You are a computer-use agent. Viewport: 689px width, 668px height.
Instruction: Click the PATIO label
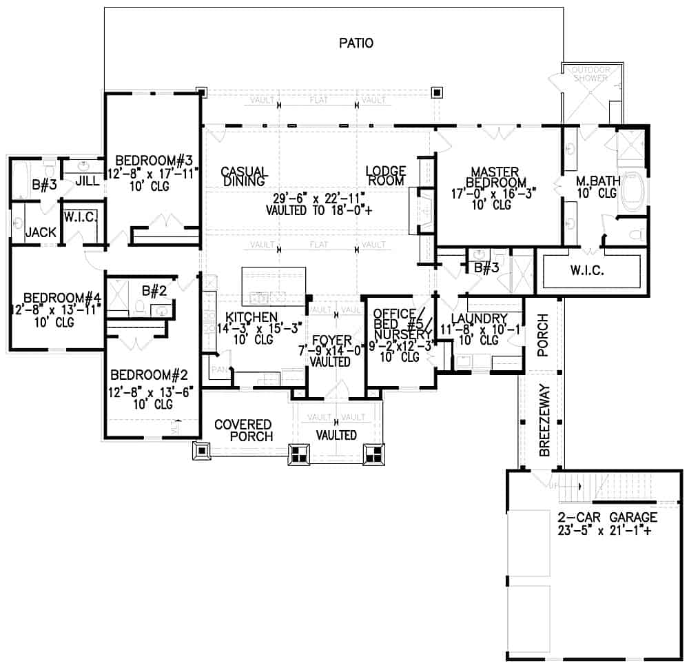356,43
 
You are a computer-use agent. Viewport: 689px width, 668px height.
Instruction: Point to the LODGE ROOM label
385,176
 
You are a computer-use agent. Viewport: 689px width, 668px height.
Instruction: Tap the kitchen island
274,285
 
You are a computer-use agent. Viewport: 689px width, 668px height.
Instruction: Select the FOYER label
331,341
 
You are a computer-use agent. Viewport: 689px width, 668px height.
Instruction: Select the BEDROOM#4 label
55,298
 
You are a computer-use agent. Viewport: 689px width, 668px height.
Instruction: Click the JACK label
41,233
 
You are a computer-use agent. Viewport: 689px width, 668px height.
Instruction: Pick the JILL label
87,181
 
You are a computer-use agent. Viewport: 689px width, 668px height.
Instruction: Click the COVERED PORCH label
243,430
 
